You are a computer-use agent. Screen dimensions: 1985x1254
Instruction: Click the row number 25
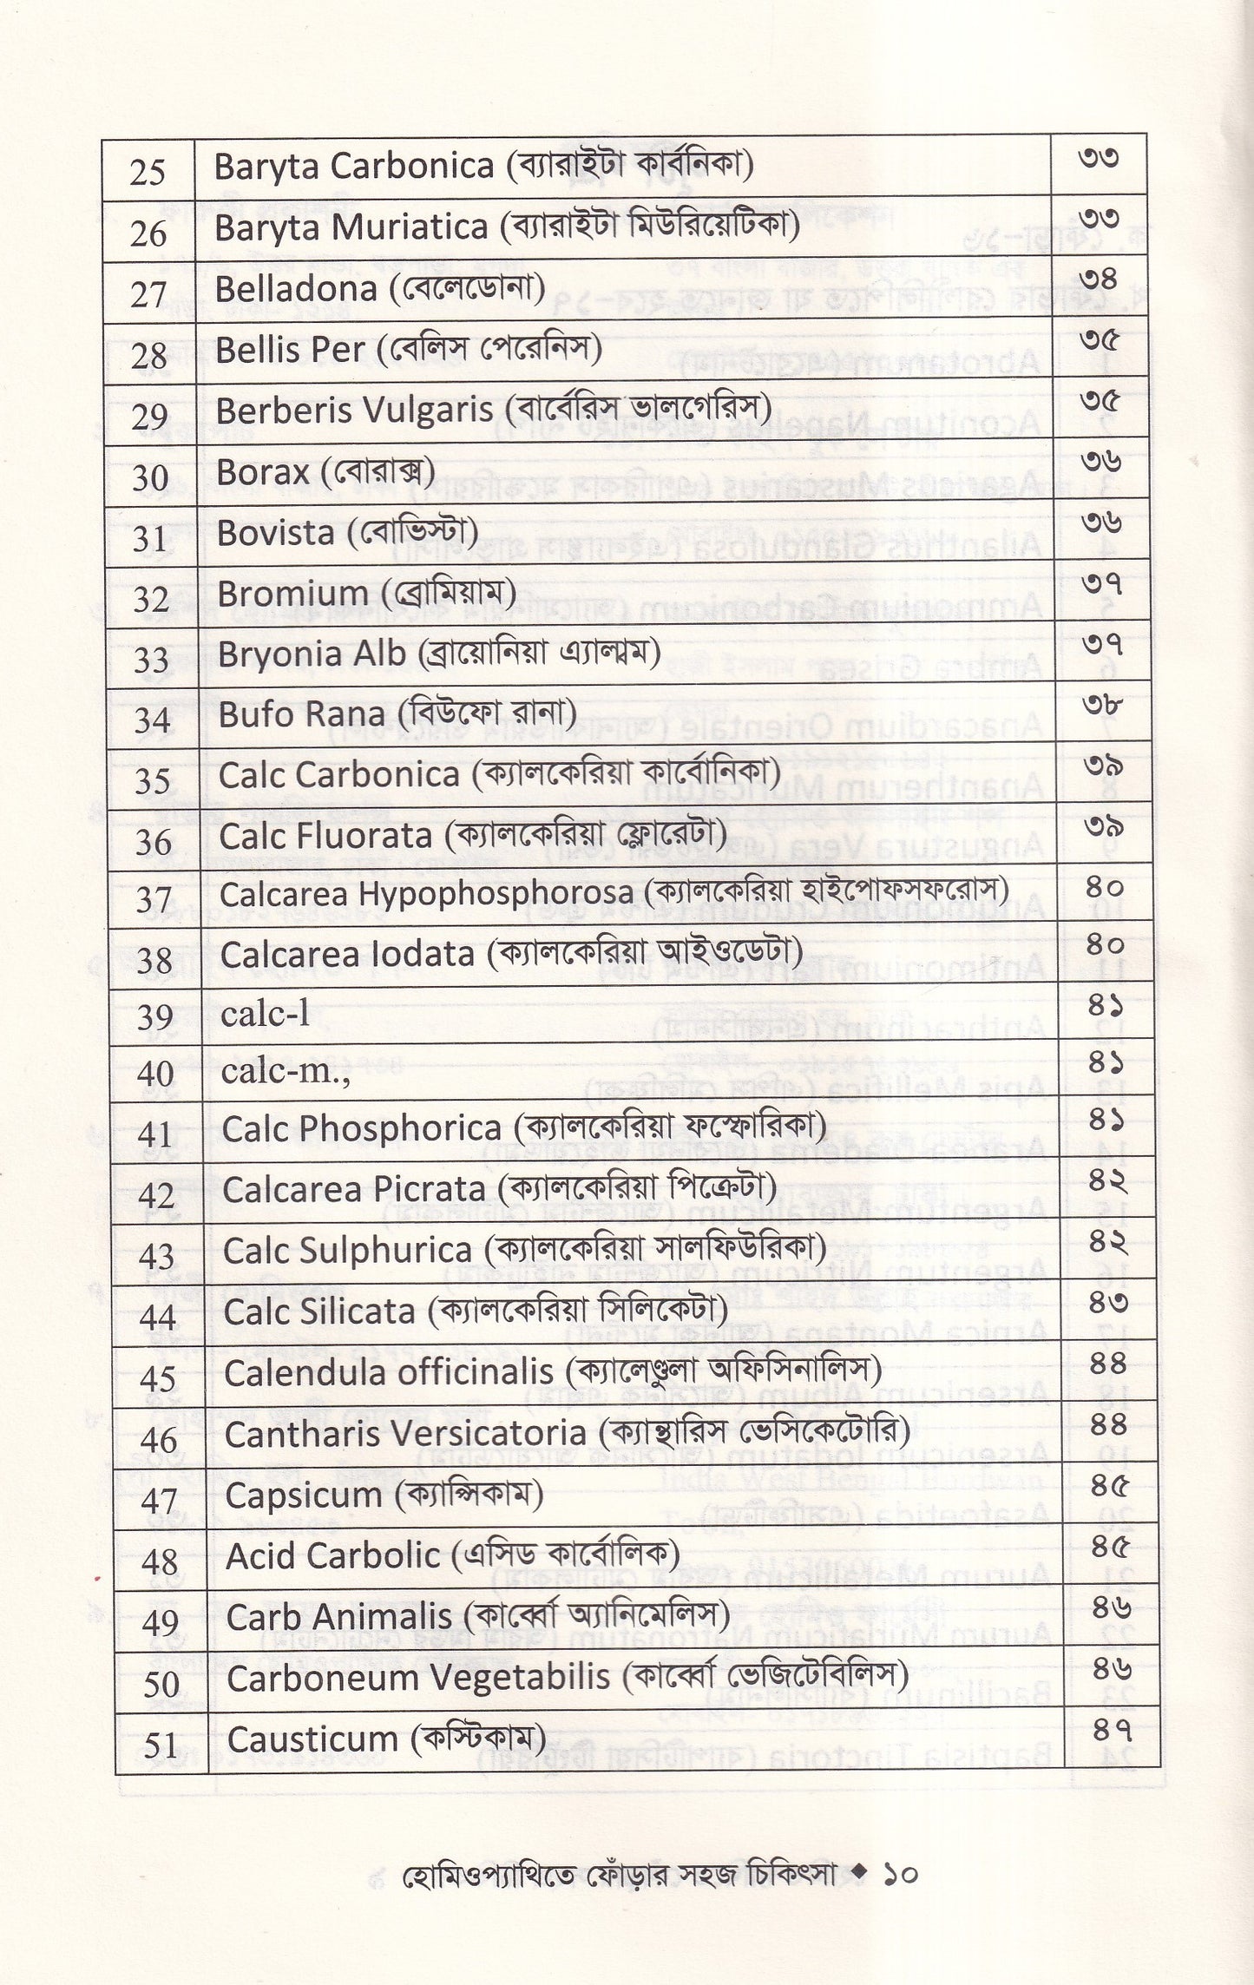(147, 172)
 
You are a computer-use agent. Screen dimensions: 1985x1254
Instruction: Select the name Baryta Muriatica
(351, 228)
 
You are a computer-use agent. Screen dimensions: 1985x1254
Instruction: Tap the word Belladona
(295, 289)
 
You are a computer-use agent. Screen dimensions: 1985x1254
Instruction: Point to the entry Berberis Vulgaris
(354, 411)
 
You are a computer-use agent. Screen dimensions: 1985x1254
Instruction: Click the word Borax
(262, 472)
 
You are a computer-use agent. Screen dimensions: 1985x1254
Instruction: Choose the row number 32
(151, 599)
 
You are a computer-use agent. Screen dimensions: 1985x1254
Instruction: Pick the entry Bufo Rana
(301, 714)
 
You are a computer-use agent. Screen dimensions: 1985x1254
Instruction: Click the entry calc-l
(266, 1014)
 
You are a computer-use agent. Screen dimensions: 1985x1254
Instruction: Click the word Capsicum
(303, 1495)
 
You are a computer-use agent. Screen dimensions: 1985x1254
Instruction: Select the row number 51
(161, 1745)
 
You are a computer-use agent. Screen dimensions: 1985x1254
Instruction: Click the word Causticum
(312, 1739)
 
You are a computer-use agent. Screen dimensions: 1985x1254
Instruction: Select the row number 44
(157, 1318)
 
